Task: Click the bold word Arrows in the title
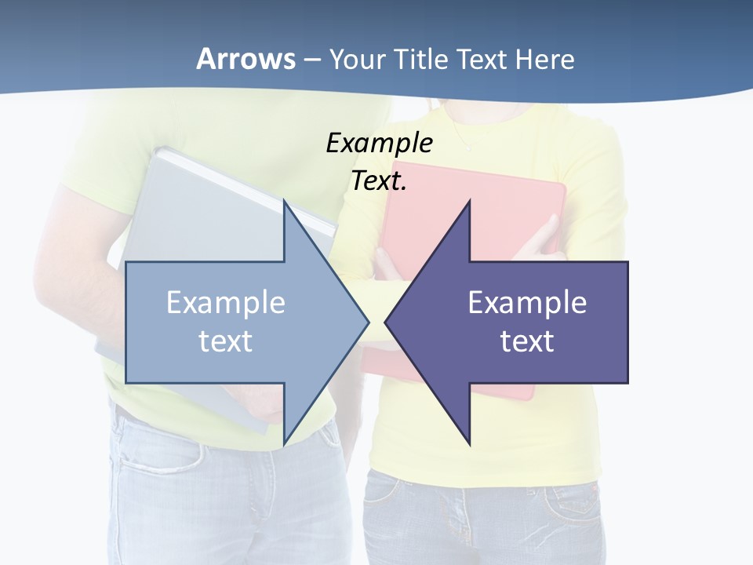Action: pyautogui.click(x=246, y=59)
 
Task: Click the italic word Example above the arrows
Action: pyautogui.click(x=379, y=143)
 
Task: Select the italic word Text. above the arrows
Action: pyautogui.click(x=379, y=180)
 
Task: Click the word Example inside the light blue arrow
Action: pyautogui.click(x=226, y=303)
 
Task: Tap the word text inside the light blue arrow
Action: pyautogui.click(x=226, y=341)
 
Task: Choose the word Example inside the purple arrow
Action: pyautogui.click(x=527, y=303)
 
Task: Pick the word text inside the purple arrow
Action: pyautogui.click(x=527, y=341)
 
